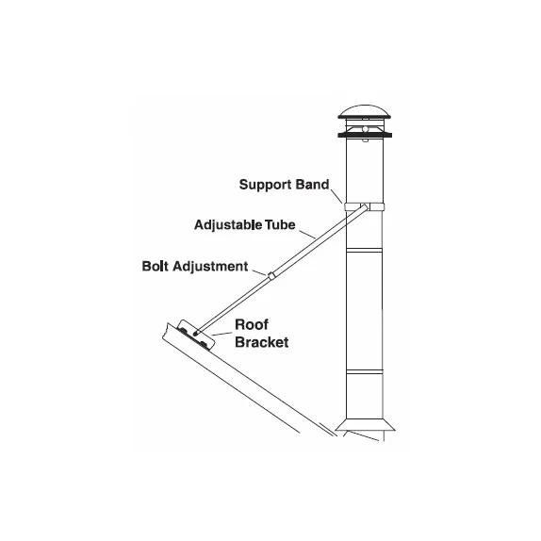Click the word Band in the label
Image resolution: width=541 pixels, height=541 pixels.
pos(313,184)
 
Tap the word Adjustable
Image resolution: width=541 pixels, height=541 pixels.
pos(228,225)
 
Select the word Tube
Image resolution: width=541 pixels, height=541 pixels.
pos(280,224)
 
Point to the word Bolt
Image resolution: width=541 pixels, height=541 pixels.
pos(156,266)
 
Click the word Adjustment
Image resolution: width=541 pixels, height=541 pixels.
pos(210,267)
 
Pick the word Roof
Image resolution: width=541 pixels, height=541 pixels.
pos(252,324)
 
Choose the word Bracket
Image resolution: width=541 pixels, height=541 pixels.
pos(262,342)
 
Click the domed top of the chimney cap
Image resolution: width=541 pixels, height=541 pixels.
pos(365,111)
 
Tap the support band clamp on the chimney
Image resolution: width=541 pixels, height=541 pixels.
pos(365,207)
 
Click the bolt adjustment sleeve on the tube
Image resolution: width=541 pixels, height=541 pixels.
pos(271,275)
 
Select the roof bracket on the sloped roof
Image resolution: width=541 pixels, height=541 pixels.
pos(196,335)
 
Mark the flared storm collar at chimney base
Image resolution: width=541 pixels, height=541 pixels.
pos(365,425)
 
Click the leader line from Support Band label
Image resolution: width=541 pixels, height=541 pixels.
pos(336,196)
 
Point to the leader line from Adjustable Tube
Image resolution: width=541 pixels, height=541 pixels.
pos(307,235)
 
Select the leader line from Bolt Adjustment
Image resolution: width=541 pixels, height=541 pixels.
pos(259,272)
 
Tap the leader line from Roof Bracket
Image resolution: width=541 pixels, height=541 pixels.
pos(221,334)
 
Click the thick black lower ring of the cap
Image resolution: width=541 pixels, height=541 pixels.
pos(365,135)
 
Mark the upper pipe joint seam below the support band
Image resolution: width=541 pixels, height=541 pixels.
pos(365,250)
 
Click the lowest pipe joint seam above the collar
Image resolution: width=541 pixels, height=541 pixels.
pos(365,371)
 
